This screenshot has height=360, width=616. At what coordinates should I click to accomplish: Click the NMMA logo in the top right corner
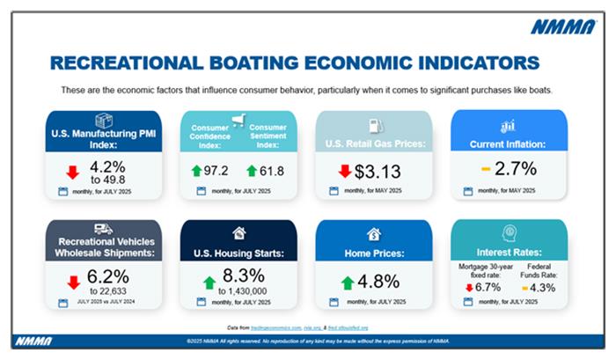point(562,26)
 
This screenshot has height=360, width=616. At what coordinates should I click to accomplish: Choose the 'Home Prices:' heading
point(373,254)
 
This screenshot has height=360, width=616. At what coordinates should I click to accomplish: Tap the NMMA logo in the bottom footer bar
point(35,341)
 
